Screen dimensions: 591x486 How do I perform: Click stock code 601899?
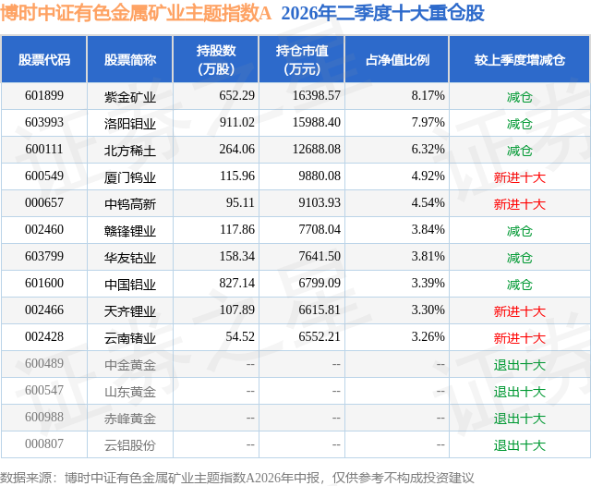point(44,96)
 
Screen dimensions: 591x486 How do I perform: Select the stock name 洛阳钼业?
point(130,123)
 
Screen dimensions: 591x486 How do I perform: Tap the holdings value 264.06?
point(237,150)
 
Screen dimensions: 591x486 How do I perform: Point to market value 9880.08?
point(320,176)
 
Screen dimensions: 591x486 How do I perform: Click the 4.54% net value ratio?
point(428,203)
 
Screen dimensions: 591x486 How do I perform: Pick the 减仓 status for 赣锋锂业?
point(519,230)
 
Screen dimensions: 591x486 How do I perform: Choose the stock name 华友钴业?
point(130,257)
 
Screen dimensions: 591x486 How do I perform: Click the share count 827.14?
point(237,283)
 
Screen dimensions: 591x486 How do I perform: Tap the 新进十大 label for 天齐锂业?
point(519,310)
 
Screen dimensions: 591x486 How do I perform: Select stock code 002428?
point(44,336)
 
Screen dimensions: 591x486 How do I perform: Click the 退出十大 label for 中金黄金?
point(519,364)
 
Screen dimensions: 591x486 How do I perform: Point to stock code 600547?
point(44,390)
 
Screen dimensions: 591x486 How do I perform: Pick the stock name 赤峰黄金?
point(130,418)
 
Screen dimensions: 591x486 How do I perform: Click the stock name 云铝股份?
point(130,444)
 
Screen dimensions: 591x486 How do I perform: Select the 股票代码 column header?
point(44,59)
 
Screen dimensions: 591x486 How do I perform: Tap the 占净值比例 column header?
point(397,59)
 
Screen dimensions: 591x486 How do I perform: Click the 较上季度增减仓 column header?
point(520,59)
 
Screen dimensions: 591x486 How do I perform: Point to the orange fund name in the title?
point(136,13)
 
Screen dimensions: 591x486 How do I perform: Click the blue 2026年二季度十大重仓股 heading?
point(383,13)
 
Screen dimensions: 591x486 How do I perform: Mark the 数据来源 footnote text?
point(237,478)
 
